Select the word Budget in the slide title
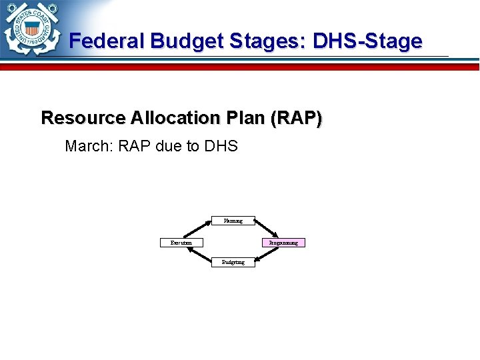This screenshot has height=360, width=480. point(188,41)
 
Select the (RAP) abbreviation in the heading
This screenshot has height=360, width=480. point(297,118)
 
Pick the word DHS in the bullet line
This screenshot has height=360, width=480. point(221,146)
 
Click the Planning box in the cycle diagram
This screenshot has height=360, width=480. point(233,221)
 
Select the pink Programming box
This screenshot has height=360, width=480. point(283,243)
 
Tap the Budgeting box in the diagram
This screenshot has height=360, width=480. point(233,262)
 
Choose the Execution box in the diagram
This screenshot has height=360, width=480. point(181,243)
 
